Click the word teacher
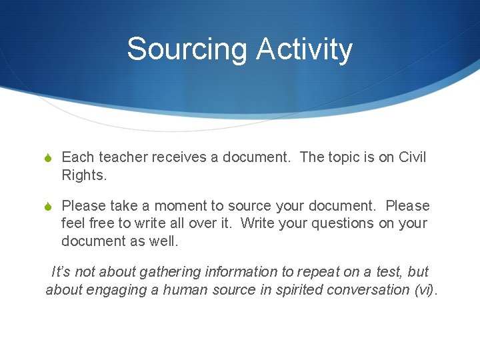point(123,157)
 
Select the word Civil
point(411,157)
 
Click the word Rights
point(84,175)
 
